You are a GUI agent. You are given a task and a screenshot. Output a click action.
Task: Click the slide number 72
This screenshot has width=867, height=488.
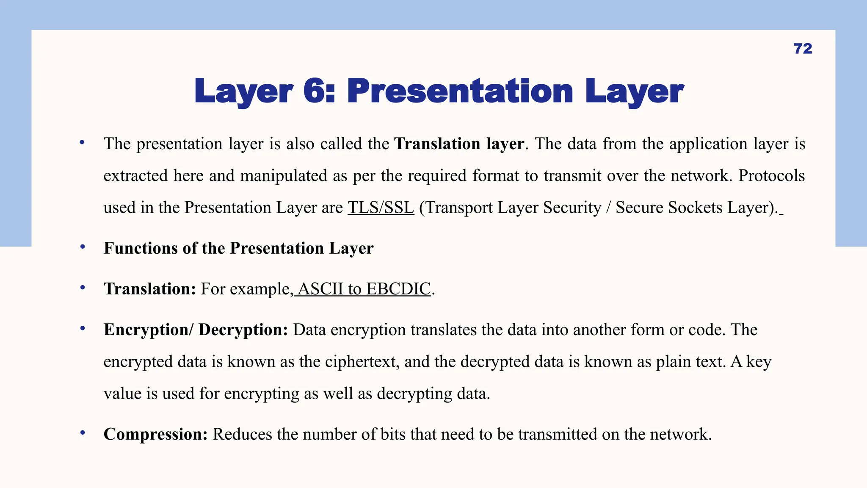[x=803, y=49]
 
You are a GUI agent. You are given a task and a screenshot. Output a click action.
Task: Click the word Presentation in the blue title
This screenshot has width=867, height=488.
[x=460, y=91]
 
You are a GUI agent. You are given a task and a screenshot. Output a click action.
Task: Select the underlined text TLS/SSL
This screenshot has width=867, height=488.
[x=381, y=208]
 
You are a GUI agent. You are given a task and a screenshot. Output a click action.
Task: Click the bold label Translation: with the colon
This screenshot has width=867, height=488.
[x=150, y=289]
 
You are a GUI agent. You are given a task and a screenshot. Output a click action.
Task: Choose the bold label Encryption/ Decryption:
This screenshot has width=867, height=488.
[x=196, y=330]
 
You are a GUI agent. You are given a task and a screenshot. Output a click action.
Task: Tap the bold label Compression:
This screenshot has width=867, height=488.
[x=155, y=434]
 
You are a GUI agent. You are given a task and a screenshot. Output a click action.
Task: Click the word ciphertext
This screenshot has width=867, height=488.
[x=362, y=362]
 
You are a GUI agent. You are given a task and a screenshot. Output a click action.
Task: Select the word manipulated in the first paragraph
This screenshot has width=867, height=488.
[x=284, y=176]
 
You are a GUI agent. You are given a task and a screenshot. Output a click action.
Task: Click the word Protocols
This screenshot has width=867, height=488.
[x=771, y=176]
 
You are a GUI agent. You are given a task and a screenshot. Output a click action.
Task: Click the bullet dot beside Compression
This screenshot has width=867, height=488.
[x=83, y=433]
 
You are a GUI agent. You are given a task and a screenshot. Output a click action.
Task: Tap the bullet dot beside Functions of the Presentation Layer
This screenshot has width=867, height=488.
[x=83, y=247]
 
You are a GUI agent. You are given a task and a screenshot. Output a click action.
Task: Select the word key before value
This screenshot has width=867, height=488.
[x=759, y=362]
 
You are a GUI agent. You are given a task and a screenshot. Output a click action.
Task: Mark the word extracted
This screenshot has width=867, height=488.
[x=135, y=176]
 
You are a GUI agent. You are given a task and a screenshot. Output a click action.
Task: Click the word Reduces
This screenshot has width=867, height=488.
[x=242, y=434]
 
